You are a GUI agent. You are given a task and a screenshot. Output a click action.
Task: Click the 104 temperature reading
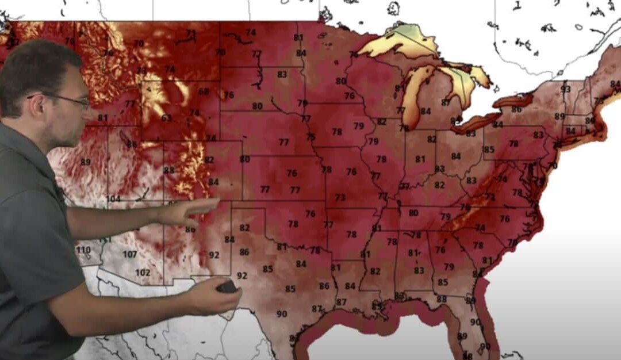pyautogui.click(x=113, y=199)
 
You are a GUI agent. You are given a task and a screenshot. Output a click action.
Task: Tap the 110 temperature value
pyautogui.click(x=83, y=250)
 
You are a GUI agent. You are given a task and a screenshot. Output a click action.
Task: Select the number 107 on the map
pyautogui.click(x=130, y=254)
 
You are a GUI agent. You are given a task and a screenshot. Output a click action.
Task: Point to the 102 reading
pyautogui.click(x=142, y=273)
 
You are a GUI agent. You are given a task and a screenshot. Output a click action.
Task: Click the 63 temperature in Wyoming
pyautogui.click(x=166, y=118)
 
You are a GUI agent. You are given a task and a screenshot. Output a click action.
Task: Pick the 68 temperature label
pyautogui.click(x=204, y=91)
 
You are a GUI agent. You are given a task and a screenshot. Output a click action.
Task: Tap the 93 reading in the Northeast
pyautogui.click(x=566, y=89)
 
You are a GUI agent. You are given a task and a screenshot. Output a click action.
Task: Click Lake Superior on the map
pyautogui.click(x=397, y=43)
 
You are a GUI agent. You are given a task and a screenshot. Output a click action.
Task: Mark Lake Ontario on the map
pyautogui.click(x=513, y=100)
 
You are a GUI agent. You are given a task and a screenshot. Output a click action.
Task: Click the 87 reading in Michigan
pyautogui.click(x=446, y=102)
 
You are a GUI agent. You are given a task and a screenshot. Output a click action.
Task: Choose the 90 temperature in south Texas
pyautogui.click(x=282, y=314)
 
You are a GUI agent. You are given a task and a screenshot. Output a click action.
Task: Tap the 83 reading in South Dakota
pyautogui.click(x=282, y=75)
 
